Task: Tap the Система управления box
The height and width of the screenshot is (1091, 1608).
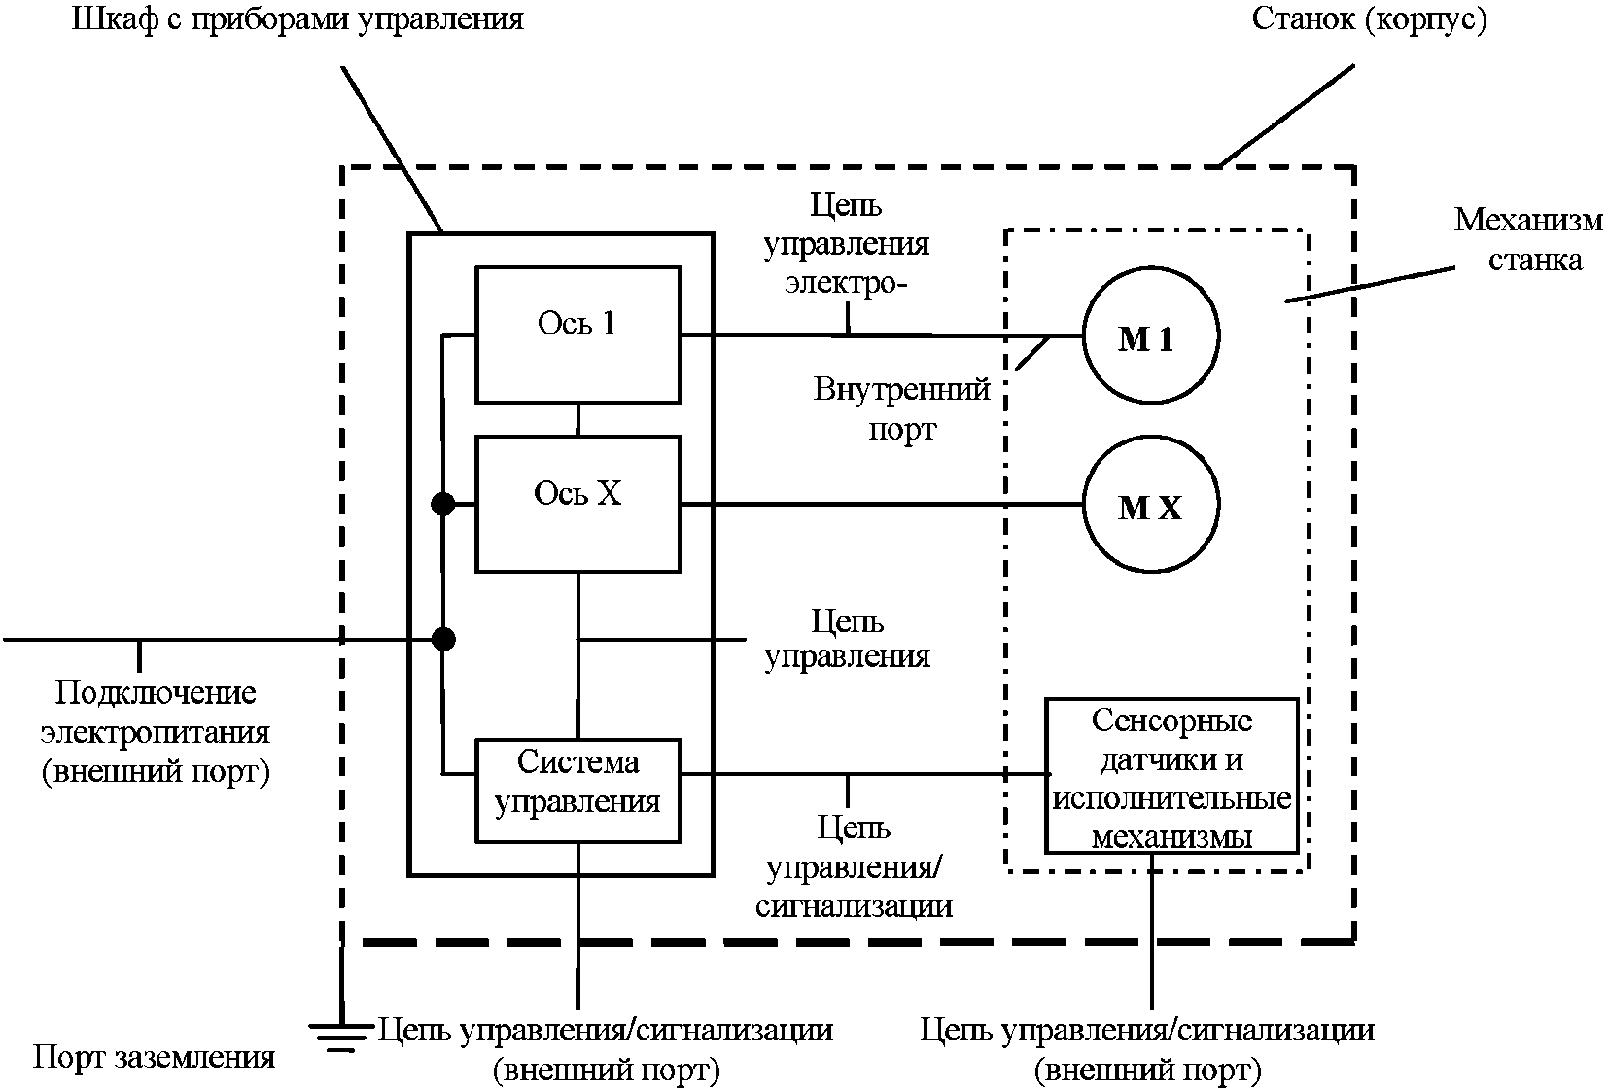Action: click(577, 790)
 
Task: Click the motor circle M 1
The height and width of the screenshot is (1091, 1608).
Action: click(1150, 336)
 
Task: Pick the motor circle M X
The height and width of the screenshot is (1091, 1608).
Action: click(1150, 505)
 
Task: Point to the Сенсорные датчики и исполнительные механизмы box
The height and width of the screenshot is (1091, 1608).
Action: click(1171, 775)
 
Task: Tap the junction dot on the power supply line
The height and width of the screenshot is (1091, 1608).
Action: click(443, 639)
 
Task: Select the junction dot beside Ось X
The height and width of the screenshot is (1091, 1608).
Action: click(443, 504)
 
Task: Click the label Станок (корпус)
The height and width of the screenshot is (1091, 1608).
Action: click(1369, 20)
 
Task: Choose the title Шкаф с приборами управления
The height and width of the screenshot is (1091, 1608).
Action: click(297, 18)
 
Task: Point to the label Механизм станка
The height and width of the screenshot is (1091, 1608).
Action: click(1527, 239)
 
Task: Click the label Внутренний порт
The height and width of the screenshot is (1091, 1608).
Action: click(902, 409)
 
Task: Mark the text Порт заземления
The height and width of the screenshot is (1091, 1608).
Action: click(154, 1057)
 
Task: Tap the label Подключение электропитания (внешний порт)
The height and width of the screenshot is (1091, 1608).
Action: click(156, 732)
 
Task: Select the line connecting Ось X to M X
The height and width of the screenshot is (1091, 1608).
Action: click(880, 505)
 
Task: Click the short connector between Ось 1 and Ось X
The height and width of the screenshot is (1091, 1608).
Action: click(577, 419)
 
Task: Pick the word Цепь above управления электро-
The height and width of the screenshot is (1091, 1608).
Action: click(846, 205)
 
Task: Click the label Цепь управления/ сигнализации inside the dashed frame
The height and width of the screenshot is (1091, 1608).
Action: click(854, 867)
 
